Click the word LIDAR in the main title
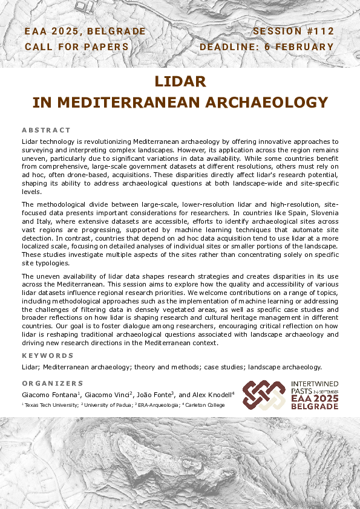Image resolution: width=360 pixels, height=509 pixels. [x=180, y=81]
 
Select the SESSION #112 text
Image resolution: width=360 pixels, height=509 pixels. [x=293, y=31]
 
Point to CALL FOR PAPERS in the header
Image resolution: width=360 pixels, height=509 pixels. [x=76, y=47]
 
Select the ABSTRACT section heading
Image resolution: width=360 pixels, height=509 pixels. [x=46, y=130]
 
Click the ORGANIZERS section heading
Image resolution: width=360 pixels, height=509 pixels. [x=53, y=383]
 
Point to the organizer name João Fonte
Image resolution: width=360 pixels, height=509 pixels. [x=154, y=394]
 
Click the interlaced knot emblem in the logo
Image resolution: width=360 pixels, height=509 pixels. [x=263, y=395]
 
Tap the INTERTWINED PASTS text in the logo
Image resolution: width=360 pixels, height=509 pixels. [x=315, y=387]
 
